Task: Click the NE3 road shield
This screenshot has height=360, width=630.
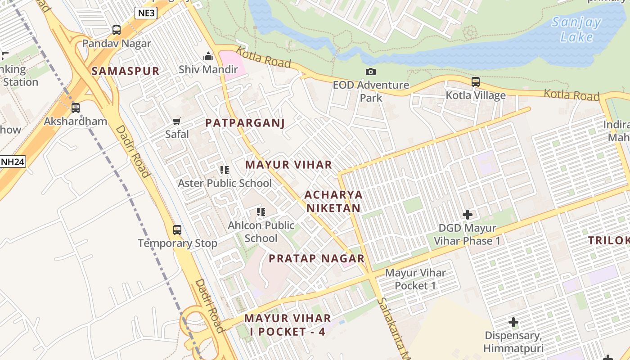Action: (146, 13)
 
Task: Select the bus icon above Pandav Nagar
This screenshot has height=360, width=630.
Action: (117, 30)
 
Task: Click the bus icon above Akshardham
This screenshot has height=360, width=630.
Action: (76, 108)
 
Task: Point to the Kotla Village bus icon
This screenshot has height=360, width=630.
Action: (476, 82)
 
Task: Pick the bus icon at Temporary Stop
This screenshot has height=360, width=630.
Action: (177, 230)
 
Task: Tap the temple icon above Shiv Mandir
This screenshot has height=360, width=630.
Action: (208, 56)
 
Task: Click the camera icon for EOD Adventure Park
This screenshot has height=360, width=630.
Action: (371, 72)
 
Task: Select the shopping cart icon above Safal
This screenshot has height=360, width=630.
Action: (177, 121)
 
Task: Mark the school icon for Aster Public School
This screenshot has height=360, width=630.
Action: (225, 170)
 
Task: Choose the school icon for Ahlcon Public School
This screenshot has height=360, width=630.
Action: (261, 211)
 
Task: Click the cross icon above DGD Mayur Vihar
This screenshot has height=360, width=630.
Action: (468, 215)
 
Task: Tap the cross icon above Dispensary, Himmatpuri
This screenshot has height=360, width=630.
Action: (513, 322)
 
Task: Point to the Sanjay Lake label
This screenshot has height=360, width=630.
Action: (576, 29)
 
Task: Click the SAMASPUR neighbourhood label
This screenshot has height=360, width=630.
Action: (126, 71)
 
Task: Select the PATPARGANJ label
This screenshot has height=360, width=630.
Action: (245, 123)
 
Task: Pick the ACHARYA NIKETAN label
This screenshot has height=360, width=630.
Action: (333, 201)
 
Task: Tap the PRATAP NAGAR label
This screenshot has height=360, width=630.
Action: (316, 258)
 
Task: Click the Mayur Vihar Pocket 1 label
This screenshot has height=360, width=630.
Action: (415, 279)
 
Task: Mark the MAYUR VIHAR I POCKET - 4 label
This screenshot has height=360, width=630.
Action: (288, 325)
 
